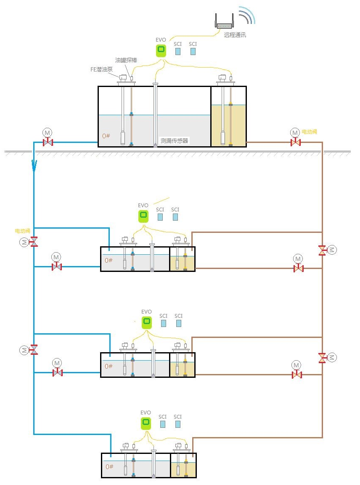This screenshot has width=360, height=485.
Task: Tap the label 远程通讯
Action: (235, 35)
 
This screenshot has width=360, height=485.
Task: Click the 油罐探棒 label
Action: (126, 61)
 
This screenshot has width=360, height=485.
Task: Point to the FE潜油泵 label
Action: (102, 70)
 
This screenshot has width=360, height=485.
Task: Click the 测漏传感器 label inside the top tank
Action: (174, 141)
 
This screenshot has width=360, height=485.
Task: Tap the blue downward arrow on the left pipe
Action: (34, 166)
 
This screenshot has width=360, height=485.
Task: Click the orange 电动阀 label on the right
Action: (309, 132)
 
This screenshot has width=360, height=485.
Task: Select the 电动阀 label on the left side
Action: (22, 231)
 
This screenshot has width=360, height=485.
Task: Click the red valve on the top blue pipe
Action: (48, 142)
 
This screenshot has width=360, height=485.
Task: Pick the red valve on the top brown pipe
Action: (296, 142)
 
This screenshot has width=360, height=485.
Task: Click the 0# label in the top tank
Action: (107, 136)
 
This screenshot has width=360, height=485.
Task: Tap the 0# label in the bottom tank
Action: (109, 467)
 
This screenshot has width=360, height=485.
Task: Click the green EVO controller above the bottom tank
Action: (146, 423)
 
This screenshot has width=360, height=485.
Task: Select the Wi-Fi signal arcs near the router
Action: (247, 15)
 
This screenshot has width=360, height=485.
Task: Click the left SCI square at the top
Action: (177, 51)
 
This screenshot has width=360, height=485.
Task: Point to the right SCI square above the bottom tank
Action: (177, 424)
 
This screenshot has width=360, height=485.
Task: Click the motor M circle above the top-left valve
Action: (48, 132)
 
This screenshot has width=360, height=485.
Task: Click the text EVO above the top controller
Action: (161, 40)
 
